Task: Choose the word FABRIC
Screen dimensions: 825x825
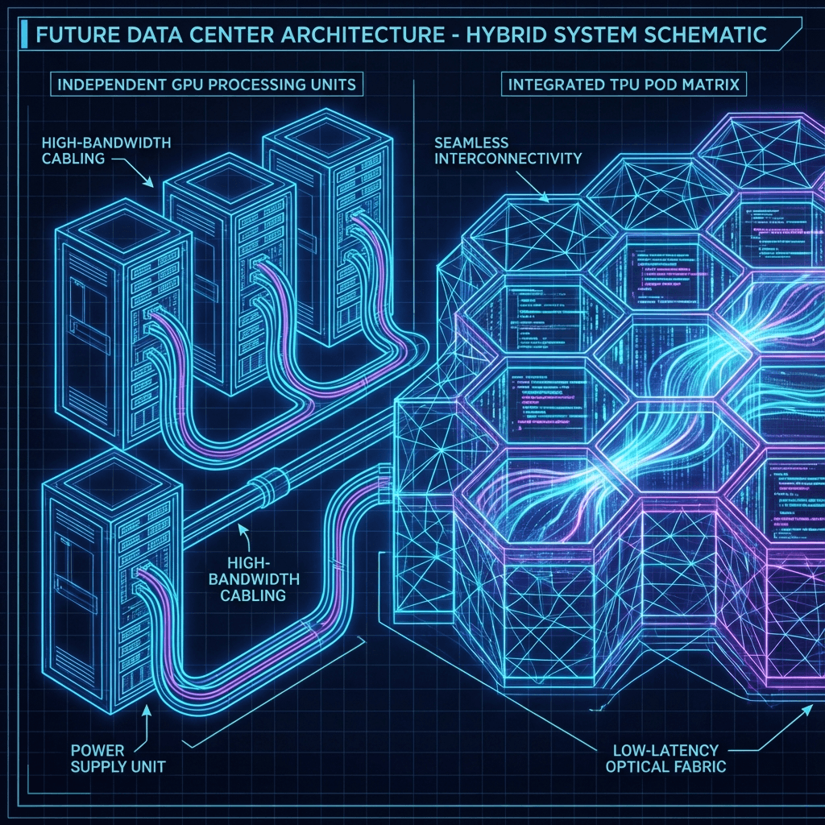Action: tap(700, 765)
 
